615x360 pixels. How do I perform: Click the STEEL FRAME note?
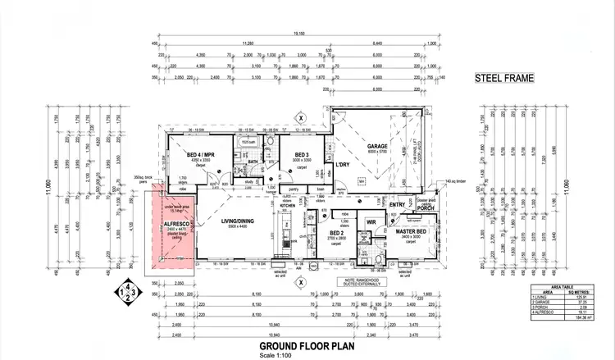[x=504, y=80]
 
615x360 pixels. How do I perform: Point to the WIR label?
[x=370, y=222]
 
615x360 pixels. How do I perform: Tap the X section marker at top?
[x=301, y=117]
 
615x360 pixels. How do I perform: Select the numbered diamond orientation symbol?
[x=126, y=292]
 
